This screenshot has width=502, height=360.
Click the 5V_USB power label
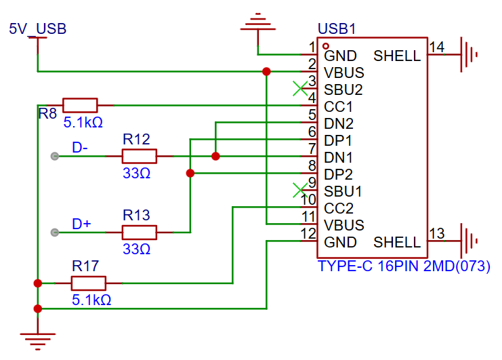[37, 29]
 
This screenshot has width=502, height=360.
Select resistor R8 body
[80, 105]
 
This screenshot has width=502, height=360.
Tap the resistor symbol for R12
[140, 157]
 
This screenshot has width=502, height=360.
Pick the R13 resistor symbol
[140, 233]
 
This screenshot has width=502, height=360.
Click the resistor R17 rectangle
[89, 283]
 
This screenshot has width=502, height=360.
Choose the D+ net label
[81, 223]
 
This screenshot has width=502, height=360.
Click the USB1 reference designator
[337, 30]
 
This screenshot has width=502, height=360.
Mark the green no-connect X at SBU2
[299, 89]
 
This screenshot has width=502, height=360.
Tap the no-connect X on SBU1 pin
[299, 190]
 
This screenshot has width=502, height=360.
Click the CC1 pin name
[339, 107]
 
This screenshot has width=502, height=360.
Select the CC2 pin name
[339, 208]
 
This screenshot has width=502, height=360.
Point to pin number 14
[437, 47]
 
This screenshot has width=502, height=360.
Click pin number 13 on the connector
[437, 234]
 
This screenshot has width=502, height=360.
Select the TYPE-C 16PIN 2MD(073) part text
[404, 266]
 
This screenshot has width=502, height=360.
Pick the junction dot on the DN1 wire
[215, 157]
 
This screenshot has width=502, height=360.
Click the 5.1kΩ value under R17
[91, 299]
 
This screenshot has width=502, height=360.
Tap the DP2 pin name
[339, 174]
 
